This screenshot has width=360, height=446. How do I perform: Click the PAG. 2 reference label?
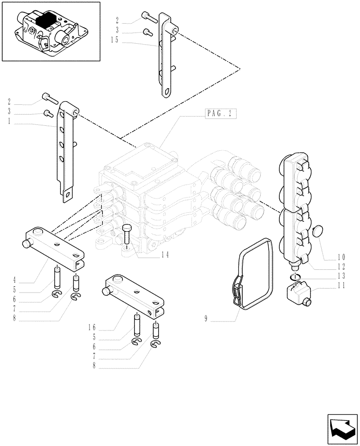[220, 113]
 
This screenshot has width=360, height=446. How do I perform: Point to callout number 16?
[92, 327]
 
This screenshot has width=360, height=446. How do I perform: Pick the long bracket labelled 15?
[165, 58]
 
